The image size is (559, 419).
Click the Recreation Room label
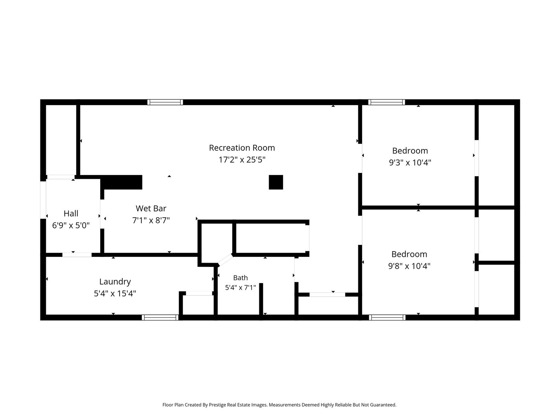click(242, 148)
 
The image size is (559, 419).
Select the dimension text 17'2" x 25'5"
click(242, 159)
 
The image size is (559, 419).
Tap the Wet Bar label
click(151, 209)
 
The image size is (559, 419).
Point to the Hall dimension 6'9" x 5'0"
click(71, 225)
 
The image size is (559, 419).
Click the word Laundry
click(115, 282)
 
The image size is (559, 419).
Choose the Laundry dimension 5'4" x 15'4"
click(115, 293)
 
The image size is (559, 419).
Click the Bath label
click(240, 278)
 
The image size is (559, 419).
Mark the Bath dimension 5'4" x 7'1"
click(240, 287)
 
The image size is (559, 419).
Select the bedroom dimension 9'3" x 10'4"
click(410, 162)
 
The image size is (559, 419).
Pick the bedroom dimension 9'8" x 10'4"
click(409, 266)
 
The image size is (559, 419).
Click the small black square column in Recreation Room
click(276, 182)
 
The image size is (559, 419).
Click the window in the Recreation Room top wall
click(165, 102)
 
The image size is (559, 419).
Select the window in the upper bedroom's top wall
click(386, 102)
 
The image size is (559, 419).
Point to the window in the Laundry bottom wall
click(160, 317)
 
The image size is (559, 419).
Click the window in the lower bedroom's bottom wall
click(387, 317)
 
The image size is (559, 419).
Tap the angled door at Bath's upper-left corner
click(225, 260)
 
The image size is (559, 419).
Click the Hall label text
click(71, 213)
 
